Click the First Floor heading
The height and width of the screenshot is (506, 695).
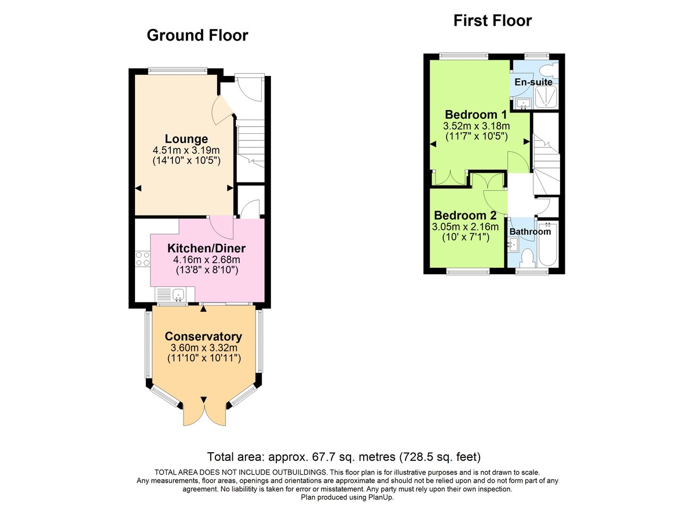[x=492, y=21]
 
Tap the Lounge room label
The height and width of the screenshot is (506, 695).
[x=186, y=139]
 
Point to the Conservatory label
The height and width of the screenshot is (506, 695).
[x=203, y=337]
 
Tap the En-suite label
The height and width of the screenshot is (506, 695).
[x=533, y=82]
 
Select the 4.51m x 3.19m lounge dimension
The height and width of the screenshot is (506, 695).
[x=186, y=150]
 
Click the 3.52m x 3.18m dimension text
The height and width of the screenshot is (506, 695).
[x=477, y=126]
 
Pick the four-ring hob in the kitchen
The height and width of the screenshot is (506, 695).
[x=142, y=259]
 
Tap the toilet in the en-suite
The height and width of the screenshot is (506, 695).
[x=546, y=70]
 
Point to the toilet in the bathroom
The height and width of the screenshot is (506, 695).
[x=527, y=257]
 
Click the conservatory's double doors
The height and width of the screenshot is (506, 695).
[x=204, y=412]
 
